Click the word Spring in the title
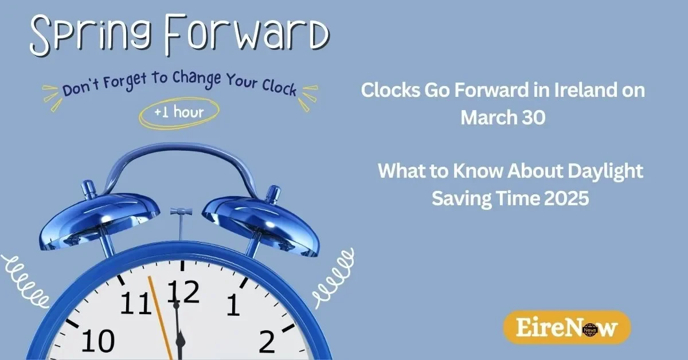(x=92, y=36)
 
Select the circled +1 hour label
(x=179, y=113)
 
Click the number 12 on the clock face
(x=183, y=292)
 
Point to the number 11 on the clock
(x=135, y=303)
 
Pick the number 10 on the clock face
(x=98, y=341)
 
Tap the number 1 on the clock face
(x=233, y=305)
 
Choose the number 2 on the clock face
(x=267, y=342)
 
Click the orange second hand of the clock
(x=160, y=318)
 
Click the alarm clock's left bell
(x=99, y=221)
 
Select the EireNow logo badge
(x=567, y=327)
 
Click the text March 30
(x=503, y=118)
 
